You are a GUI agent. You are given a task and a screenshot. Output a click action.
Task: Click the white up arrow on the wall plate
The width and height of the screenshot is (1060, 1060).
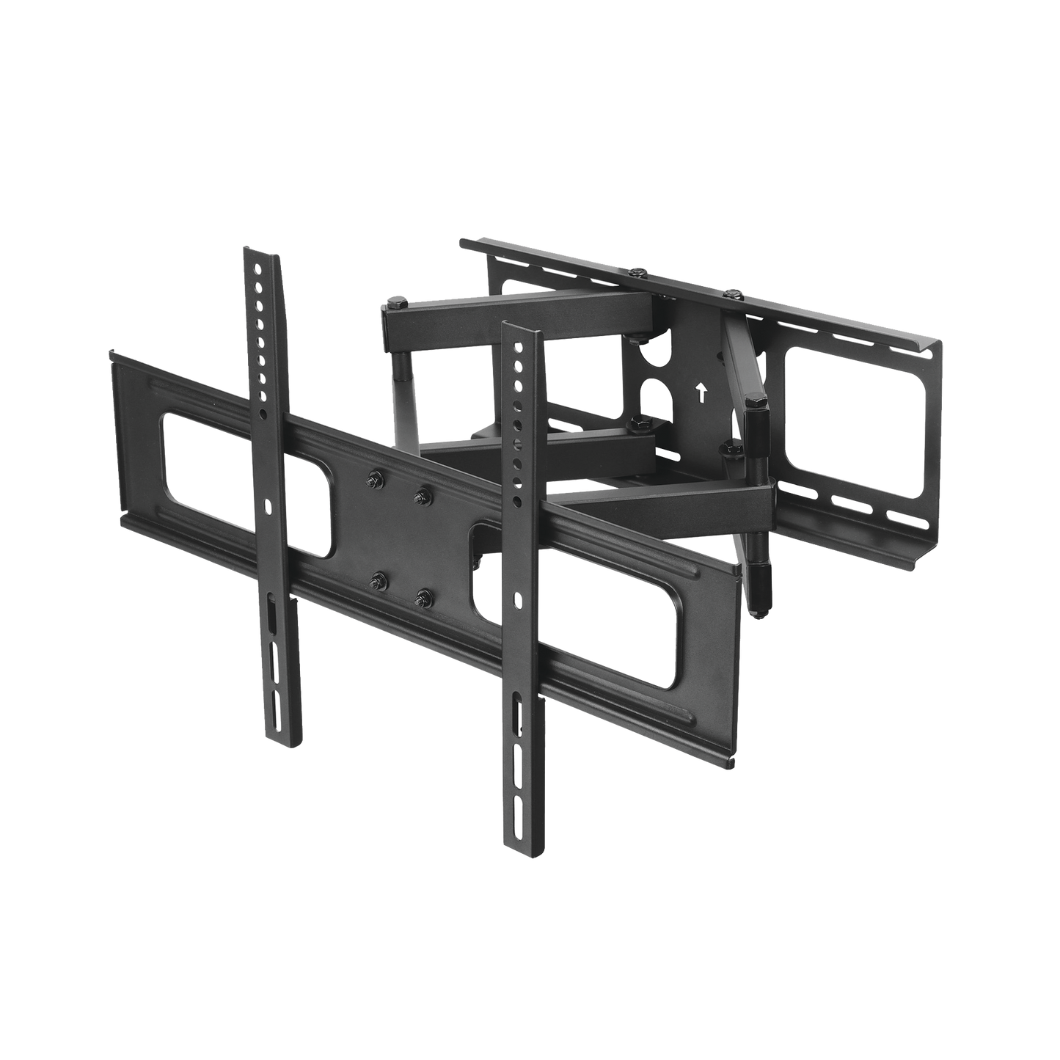(702, 393)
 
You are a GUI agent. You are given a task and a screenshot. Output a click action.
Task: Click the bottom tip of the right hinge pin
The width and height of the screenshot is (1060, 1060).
(756, 608)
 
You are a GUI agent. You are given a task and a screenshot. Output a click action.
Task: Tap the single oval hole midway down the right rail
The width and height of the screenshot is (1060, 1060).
(518, 599)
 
